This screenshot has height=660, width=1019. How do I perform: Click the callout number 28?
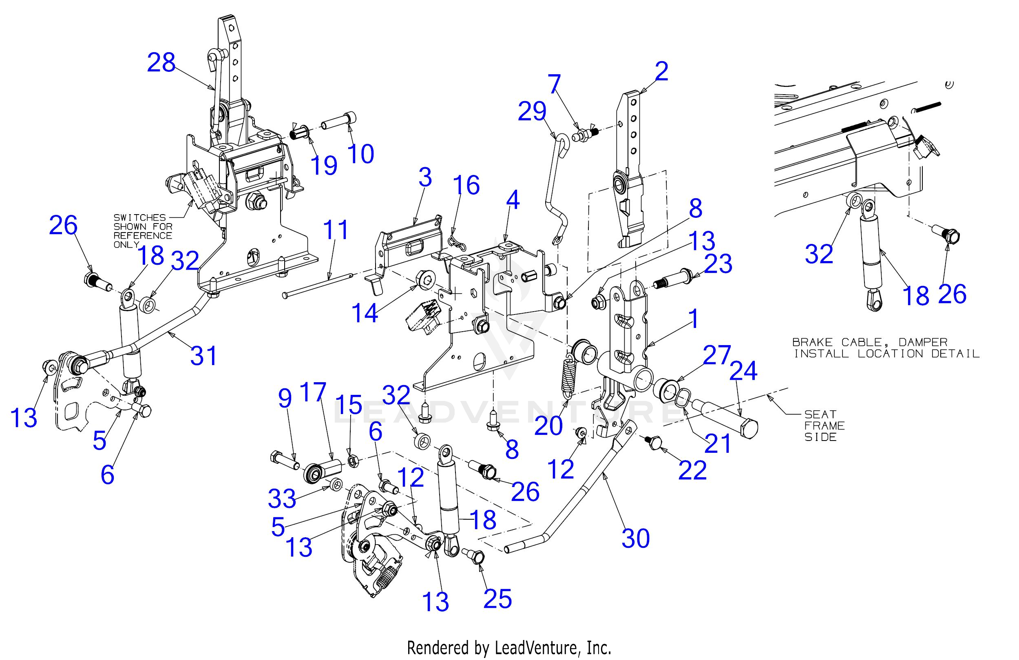(161, 63)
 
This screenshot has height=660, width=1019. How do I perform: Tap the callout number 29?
(532, 112)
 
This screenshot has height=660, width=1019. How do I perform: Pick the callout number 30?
(635, 538)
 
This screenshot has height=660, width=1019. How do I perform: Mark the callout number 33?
(282, 498)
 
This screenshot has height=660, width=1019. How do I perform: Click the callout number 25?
(497, 598)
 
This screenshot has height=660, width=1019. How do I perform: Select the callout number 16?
(466, 186)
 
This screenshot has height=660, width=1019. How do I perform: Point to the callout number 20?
(549, 425)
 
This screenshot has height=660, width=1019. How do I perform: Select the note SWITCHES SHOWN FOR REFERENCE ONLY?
(143, 231)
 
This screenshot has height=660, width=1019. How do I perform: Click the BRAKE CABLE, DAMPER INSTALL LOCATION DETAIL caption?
(885, 348)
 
